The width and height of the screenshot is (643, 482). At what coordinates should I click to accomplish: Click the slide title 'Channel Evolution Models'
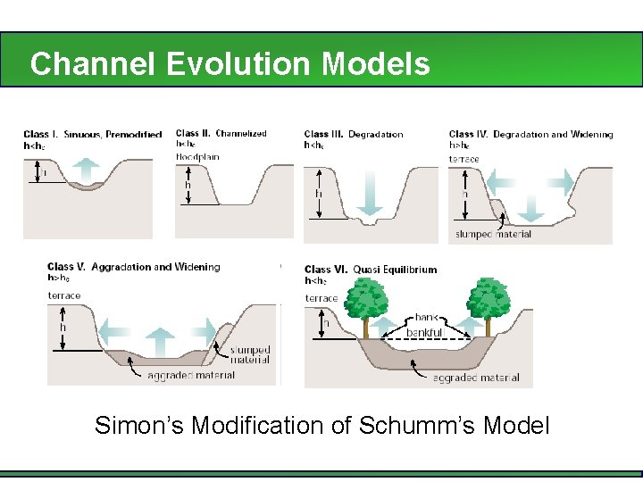pos(230,63)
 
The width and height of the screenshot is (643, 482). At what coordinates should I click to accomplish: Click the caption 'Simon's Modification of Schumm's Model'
pos(321,425)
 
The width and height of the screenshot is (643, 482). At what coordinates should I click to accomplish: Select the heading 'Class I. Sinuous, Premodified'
pos(93,135)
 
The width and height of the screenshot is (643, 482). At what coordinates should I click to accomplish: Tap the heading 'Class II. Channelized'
pos(221,134)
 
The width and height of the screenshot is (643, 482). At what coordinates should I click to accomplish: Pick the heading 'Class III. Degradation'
pos(354,135)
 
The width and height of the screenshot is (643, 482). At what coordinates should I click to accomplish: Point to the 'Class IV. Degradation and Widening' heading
pos(530,135)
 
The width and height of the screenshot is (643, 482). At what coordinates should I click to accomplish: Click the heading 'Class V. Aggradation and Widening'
pos(134,267)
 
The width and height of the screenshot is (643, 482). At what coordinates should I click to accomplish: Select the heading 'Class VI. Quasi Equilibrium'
pos(371,270)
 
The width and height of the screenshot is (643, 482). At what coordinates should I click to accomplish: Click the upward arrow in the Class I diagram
pos(87,168)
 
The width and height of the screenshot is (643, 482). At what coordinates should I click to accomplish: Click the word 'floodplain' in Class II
pos(197,157)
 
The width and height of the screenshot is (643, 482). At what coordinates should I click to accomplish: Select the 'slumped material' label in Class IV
pos(493,235)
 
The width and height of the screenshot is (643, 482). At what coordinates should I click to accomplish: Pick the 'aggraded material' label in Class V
pos(190,375)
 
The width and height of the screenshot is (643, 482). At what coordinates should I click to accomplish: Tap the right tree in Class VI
pos(489,301)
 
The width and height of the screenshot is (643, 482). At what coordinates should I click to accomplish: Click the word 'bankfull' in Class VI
pos(425,333)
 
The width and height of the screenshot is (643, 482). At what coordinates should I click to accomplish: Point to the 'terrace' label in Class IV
pos(463,159)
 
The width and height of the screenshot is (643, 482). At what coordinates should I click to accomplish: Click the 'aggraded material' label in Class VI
pos(475,378)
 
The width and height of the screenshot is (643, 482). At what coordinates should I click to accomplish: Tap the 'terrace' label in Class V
pos(64,295)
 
